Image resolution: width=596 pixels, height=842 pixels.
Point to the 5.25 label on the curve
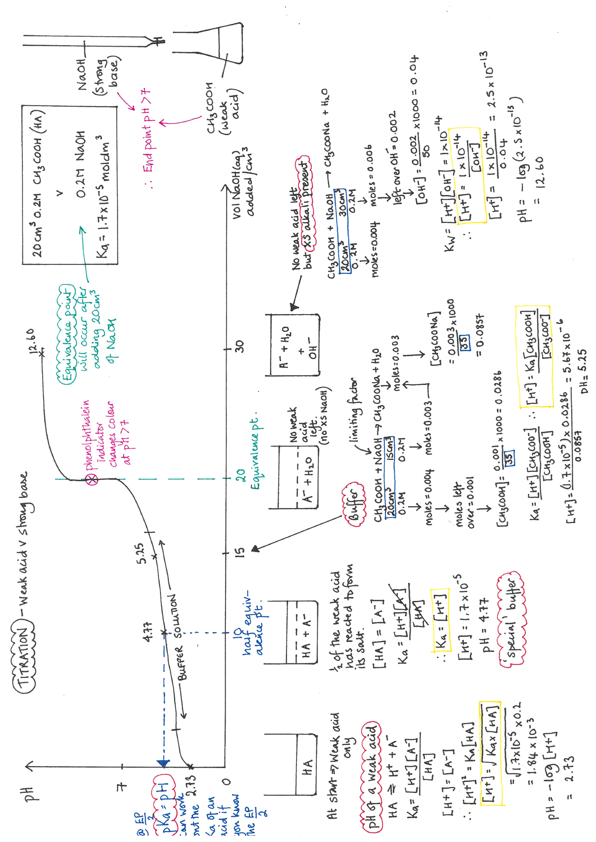tap(141, 553)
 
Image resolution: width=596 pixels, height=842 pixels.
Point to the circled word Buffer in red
tap(354, 504)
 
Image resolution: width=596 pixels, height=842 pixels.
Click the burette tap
tap(158, 41)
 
